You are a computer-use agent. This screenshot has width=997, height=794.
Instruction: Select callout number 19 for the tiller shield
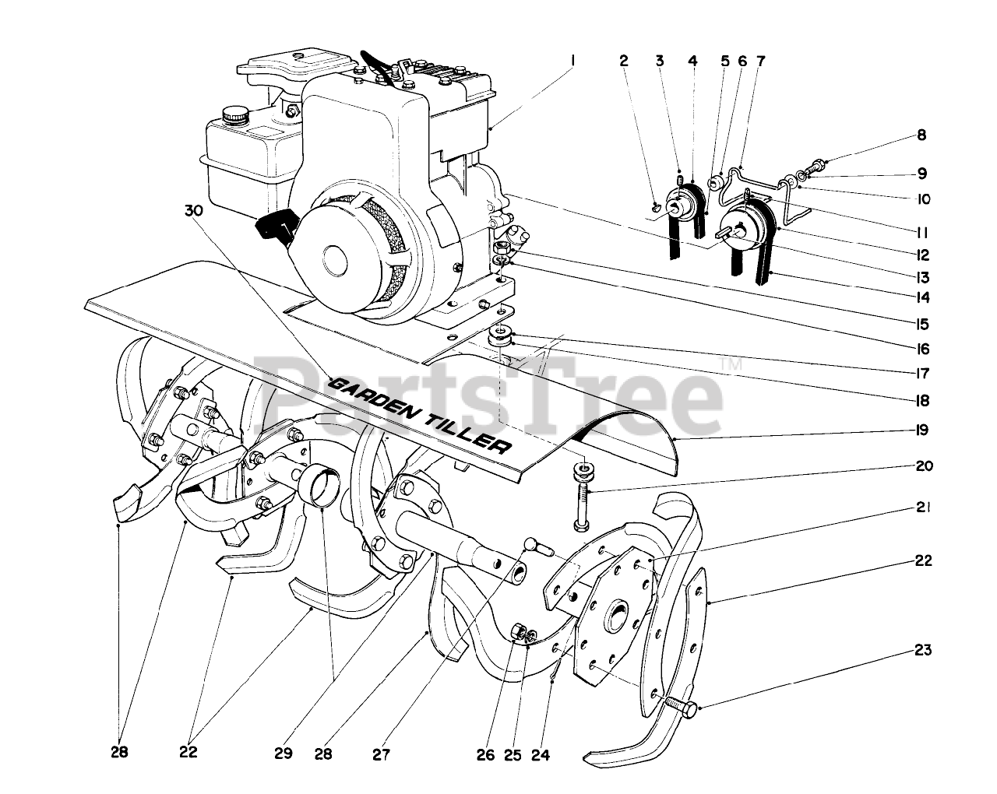923,430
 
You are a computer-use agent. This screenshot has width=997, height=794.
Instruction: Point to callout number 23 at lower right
923,650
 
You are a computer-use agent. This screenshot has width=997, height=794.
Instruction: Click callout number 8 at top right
922,135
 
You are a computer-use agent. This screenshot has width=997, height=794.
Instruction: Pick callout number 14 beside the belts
923,297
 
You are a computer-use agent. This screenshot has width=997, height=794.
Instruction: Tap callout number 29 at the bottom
283,754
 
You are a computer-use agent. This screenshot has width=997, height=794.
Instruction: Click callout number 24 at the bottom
541,754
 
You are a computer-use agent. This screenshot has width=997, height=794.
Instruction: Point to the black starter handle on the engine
275,227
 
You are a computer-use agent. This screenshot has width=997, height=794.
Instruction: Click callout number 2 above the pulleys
624,59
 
